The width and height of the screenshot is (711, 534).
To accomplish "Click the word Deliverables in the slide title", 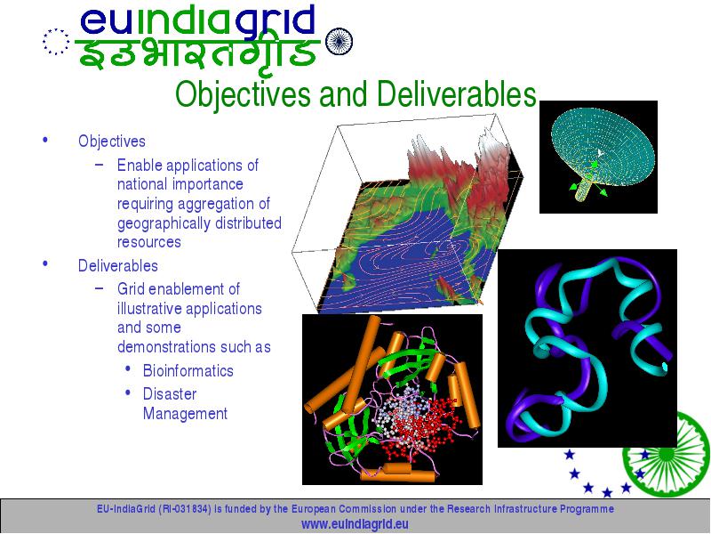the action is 457,94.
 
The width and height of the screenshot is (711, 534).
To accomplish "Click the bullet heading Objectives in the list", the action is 112,142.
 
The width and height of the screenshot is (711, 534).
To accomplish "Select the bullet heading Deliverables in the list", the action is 118,265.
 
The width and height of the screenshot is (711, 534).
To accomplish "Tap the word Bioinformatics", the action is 188,370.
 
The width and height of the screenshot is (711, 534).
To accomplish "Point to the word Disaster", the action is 170,393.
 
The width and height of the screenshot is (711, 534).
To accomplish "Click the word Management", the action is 185,413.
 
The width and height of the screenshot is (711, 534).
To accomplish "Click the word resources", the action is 149,242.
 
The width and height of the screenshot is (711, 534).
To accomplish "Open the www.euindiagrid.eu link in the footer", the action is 355,524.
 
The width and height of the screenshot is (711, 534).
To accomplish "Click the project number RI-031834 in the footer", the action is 185,509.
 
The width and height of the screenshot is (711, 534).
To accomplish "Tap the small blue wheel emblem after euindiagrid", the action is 340,41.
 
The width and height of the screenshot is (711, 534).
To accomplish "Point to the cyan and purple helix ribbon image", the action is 587,348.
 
